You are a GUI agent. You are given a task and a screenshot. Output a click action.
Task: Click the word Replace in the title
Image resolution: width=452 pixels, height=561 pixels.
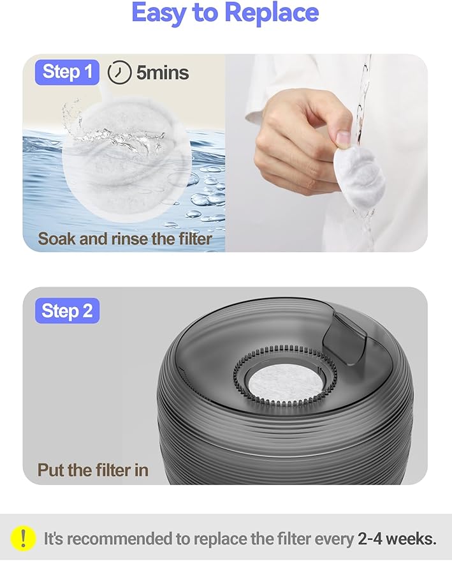274,13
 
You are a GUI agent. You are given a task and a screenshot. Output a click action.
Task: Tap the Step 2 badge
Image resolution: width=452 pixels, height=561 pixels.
66,311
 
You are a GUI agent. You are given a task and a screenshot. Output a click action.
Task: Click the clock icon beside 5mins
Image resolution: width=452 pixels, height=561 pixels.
119,73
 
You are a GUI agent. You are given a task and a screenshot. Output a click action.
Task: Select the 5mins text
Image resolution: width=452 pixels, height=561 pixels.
162,73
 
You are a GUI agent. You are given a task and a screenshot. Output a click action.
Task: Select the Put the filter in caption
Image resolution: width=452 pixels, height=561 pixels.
93,471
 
